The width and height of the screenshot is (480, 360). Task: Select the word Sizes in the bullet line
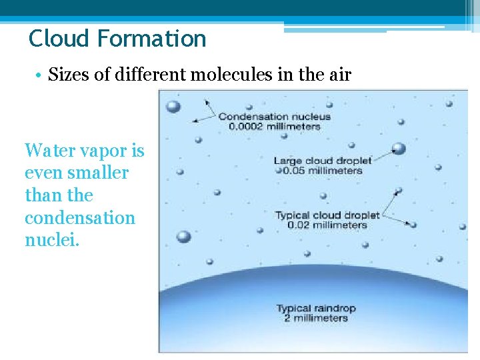pos(69,74)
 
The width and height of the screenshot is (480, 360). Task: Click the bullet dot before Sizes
pos(40,75)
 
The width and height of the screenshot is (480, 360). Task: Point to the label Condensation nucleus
pos(275,117)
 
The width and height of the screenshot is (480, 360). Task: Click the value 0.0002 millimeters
pos(275,126)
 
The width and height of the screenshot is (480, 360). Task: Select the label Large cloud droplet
pos(323,161)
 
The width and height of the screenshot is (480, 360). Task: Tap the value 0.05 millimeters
pos(323,170)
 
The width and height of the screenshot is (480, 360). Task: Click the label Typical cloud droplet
pos(327,215)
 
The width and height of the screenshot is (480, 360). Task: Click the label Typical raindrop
pos(317,308)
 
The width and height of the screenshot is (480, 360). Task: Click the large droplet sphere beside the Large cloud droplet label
pos(399,148)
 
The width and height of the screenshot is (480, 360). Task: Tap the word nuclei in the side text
pos(52,240)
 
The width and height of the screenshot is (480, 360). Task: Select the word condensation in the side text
pos(79,218)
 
